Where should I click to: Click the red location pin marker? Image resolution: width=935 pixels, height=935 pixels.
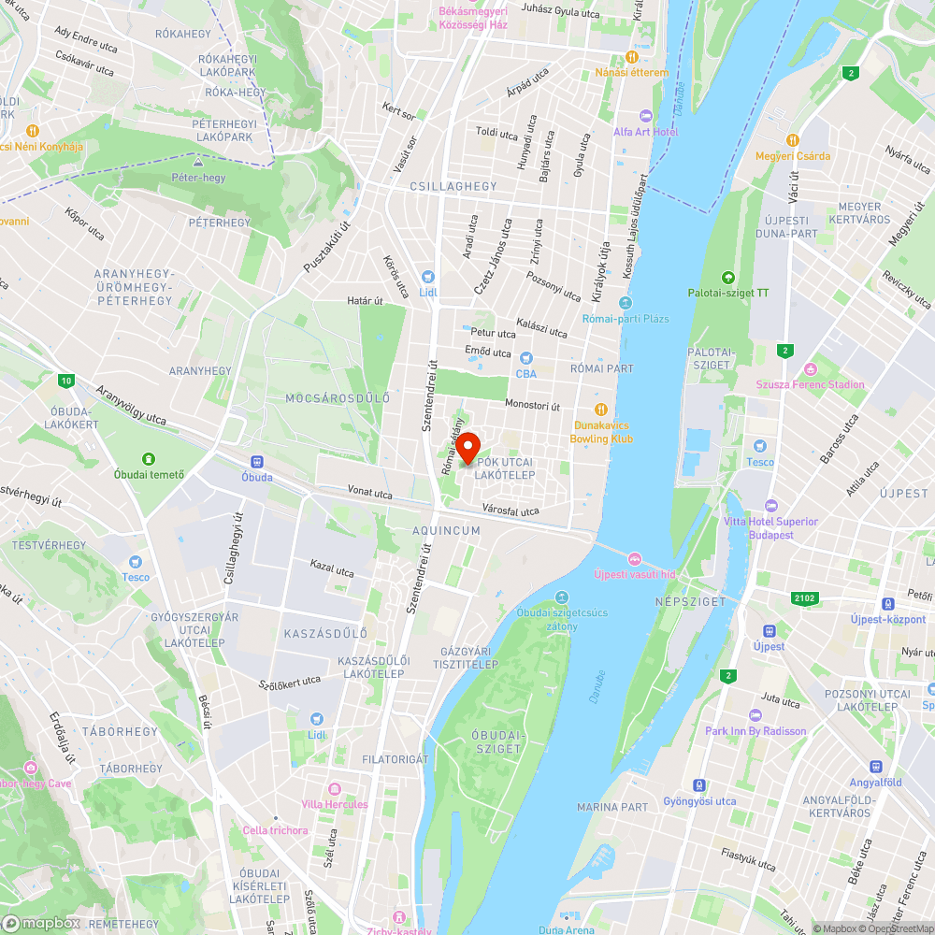(x=467, y=445)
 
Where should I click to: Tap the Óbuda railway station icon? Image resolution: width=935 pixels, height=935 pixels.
(x=257, y=461)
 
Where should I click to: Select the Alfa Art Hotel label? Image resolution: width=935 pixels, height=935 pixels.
(x=645, y=132)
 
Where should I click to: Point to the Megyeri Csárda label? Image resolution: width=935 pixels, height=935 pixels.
(x=793, y=156)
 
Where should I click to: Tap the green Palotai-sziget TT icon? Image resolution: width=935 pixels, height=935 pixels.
(x=727, y=277)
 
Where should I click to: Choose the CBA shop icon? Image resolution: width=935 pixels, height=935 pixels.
(x=525, y=358)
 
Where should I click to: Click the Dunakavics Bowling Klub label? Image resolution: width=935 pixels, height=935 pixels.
(x=603, y=432)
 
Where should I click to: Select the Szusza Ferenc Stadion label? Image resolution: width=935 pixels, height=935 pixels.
(x=811, y=384)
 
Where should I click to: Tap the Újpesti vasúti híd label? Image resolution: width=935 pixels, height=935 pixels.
(x=634, y=574)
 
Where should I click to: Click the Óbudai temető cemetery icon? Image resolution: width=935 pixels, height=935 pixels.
(x=148, y=458)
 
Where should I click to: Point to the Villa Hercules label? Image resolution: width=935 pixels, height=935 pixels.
(x=335, y=804)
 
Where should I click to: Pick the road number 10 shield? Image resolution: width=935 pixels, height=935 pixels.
(x=65, y=380)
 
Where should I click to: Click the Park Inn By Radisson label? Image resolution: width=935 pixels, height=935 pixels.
(x=755, y=731)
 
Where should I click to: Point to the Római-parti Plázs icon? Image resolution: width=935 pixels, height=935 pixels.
(x=626, y=303)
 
